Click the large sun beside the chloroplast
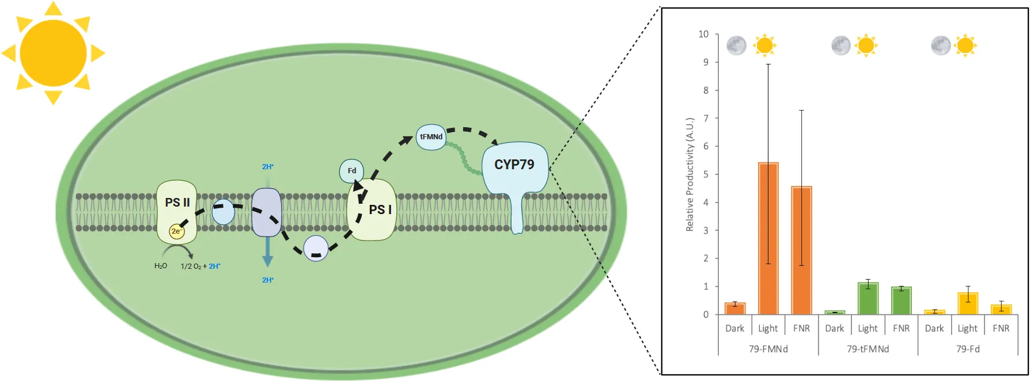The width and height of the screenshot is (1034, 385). (x=53, y=53)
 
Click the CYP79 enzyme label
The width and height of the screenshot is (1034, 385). (x=514, y=165)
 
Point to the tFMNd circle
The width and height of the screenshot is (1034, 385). (x=431, y=137)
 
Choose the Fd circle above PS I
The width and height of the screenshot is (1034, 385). (x=351, y=171)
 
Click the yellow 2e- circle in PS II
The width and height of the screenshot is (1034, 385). (x=176, y=231)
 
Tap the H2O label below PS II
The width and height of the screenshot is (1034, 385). (x=161, y=266)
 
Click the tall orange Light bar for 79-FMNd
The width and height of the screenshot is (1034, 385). (x=768, y=239)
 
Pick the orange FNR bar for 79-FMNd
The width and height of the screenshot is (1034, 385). (x=801, y=250)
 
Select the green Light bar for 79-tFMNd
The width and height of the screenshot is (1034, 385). (x=868, y=299)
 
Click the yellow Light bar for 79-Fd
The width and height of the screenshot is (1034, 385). (x=968, y=304)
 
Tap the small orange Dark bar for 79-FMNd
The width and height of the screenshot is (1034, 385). (x=735, y=308)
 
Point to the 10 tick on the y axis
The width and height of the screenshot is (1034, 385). (x=703, y=35)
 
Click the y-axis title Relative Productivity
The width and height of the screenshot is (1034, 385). (x=690, y=174)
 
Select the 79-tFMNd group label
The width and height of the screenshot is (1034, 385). (x=868, y=349)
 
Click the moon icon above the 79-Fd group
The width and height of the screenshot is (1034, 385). (x=941, y=45)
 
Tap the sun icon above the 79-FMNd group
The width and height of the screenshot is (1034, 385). (x=764, y=45)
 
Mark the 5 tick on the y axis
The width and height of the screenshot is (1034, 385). (x=706, y=174)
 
